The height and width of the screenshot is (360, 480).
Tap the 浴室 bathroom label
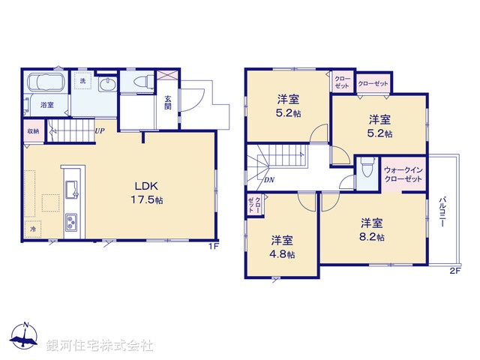pyautogui.click(x=46, y=105)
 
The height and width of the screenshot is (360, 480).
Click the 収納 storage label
pyautogui.click(x=33, y=131)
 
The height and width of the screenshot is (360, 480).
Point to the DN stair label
pyautogui.click(x=268, y=180)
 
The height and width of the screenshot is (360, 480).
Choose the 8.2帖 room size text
pyautogui.click(x=373, y=237)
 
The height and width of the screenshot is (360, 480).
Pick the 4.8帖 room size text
pyautogui.click(x=283, y=254)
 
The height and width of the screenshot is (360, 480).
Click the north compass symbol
pyautogui.click(x=25, y=337)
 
